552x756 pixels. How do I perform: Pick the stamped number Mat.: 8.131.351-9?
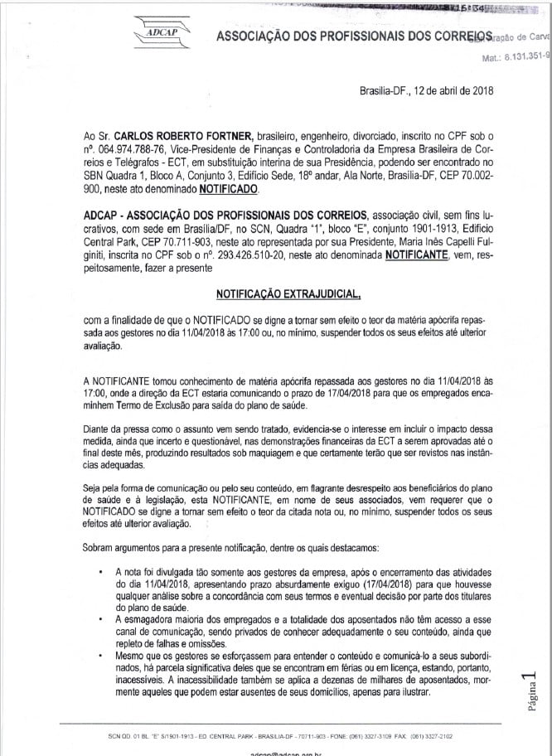[x=515, y=59]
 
